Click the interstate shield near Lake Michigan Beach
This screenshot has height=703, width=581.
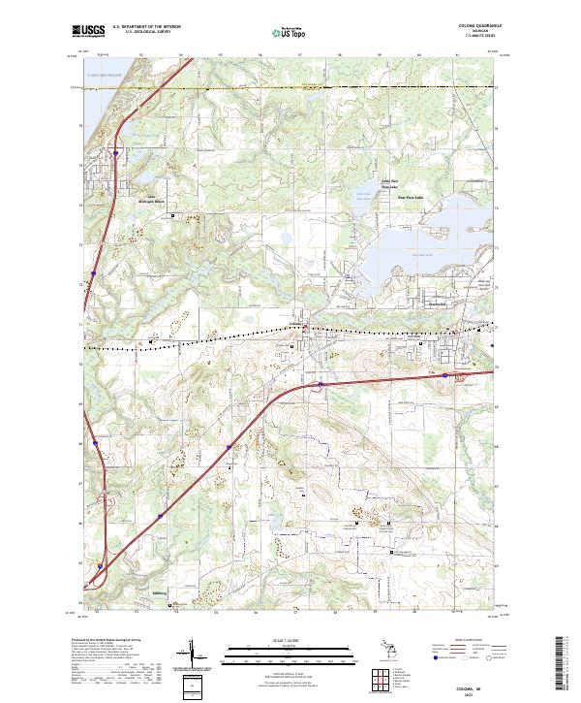[115, 152]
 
